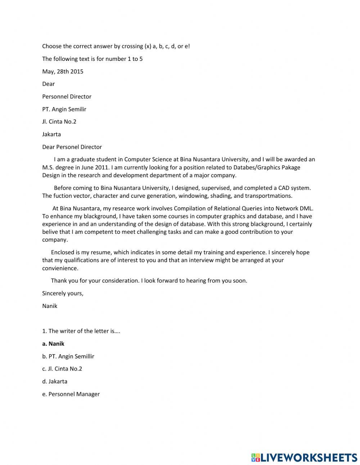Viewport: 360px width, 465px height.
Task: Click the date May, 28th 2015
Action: click(x=63, y=71)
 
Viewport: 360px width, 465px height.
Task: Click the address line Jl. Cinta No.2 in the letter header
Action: click(x=59, y=121)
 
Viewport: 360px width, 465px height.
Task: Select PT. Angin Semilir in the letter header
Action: click(x=64, y=109)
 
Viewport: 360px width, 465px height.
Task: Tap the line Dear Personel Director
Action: click(x=72, y=147)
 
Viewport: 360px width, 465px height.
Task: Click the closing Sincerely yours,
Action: click(x=63, y=293)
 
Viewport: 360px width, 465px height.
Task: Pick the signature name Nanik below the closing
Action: click(x=50, y=306)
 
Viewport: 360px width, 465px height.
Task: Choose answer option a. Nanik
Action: click(x=53, y=344)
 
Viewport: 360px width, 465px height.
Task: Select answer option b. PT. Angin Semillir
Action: click(x=68, y=356)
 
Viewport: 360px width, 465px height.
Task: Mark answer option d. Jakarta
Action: click(x=55, y=381)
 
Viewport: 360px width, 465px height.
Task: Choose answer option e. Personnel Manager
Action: click(x=71, y=394)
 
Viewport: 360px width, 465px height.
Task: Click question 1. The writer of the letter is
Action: click(x=81, y=331)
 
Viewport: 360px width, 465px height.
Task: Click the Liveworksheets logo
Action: click(x=304, y=457)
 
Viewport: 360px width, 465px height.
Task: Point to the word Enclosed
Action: click(x=62, y=252)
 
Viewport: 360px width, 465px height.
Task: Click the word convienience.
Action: click(x=60, y=268)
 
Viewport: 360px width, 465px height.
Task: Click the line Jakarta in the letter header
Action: click(x=51, y=134)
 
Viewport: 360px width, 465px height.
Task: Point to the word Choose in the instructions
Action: click(x=52, y=46)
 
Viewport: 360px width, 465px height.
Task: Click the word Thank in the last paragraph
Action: click(x=58, y=281)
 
